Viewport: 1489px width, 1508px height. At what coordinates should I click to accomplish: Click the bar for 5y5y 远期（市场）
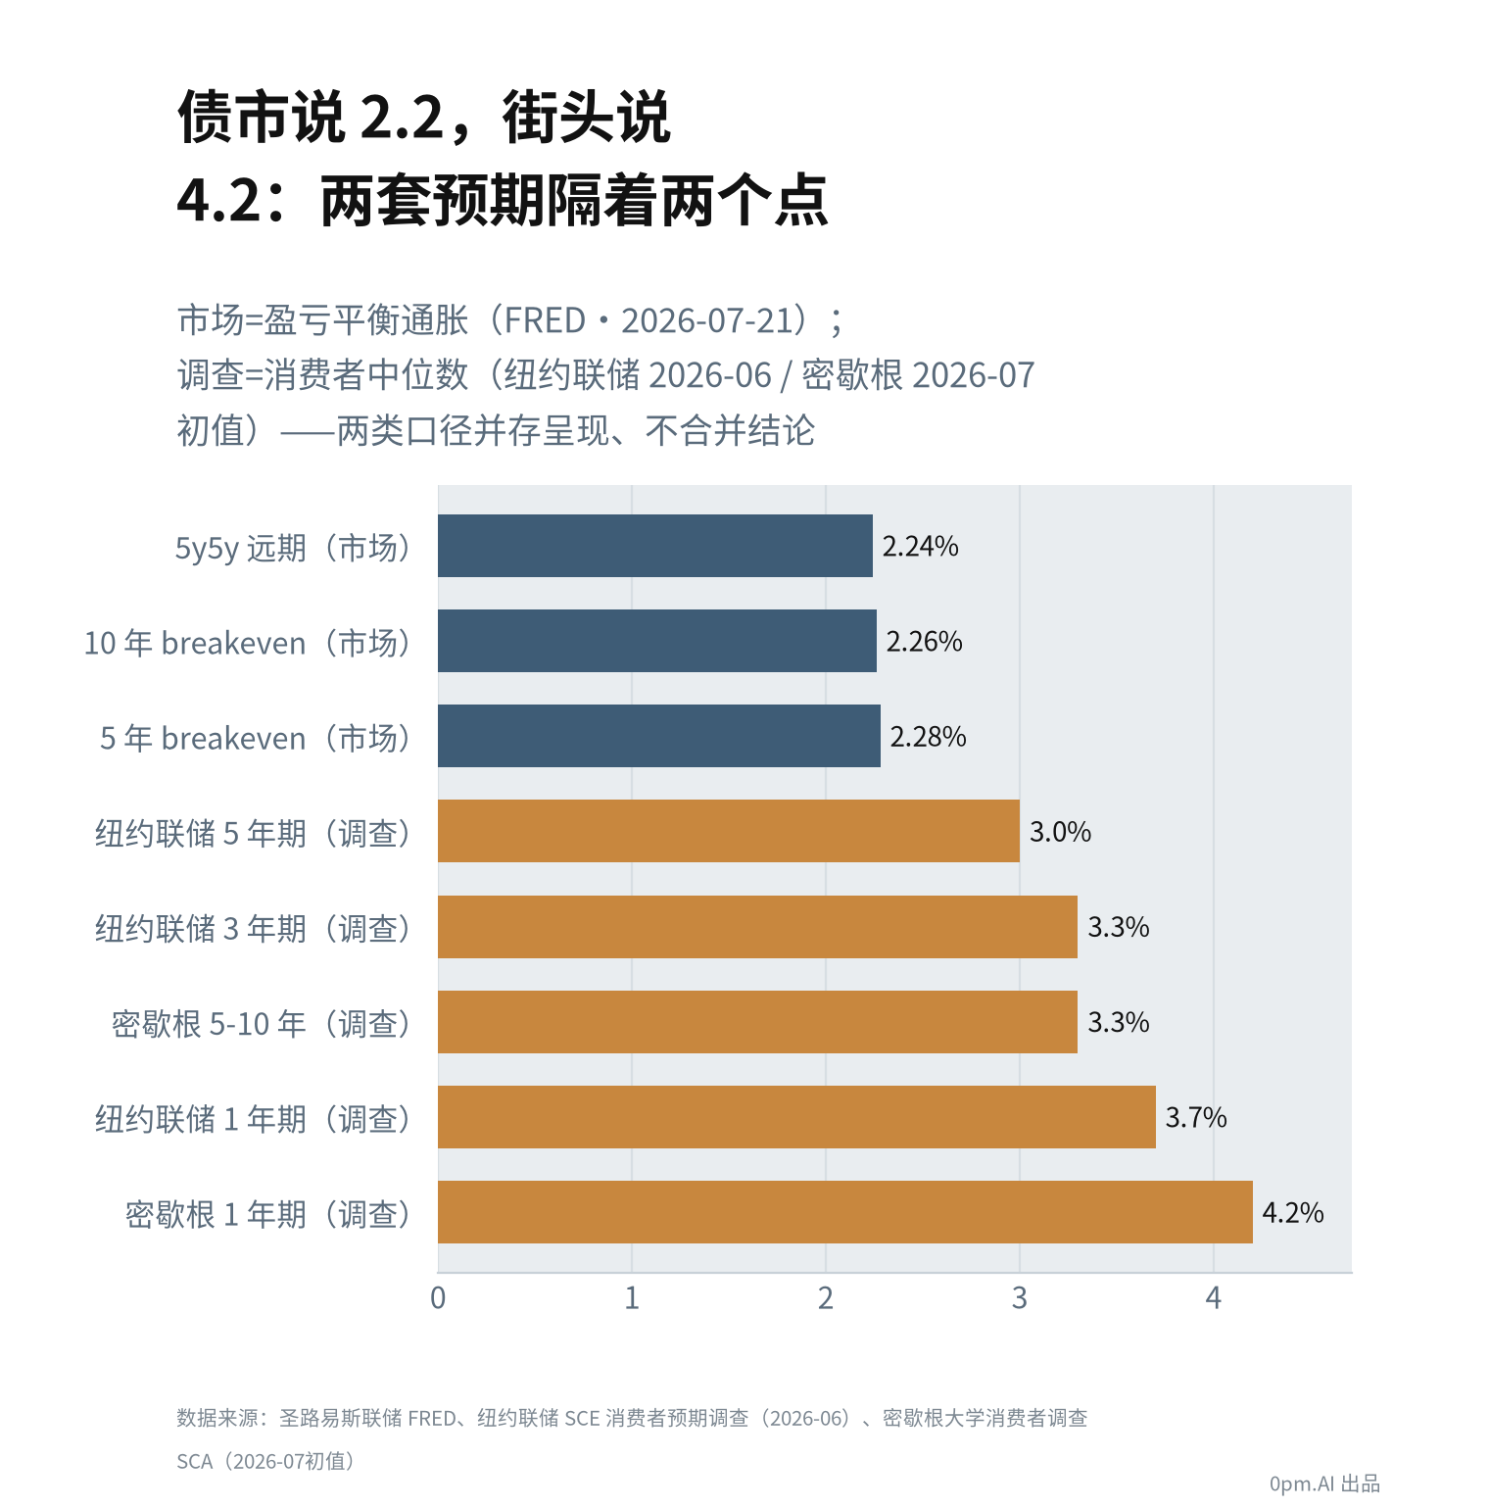tap(654, 546)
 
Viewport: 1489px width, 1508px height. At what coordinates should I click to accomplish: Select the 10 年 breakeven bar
tap(656, 641)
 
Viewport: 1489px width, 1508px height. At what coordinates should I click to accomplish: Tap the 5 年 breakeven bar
tap(658, 736)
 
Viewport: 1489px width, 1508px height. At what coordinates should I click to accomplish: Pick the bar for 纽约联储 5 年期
tap(728, 831)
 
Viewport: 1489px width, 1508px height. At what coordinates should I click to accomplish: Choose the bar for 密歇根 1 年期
tap(844, 1212)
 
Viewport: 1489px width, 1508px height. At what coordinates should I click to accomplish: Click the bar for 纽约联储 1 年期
tap(796, 1117)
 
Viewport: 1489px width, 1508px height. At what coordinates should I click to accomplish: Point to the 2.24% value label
tap(921, 547)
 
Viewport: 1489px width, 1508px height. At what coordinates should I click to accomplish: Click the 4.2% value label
tap(1293, 1213)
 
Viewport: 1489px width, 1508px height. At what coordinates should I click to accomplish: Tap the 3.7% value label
tap(1196, 1118)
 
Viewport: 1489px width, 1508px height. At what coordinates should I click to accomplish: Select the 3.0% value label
tap(1060, 832)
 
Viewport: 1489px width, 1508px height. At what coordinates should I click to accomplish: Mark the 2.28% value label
tap(929, 737)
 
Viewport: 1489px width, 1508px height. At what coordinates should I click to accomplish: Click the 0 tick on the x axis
tap(438, 1298)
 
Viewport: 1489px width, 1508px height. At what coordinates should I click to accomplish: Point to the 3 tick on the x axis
tap(1020, 1298)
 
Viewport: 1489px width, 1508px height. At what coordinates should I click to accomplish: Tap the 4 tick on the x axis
tap(1214, 1298)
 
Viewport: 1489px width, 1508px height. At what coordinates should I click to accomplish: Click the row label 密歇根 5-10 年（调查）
tap(263, 1024)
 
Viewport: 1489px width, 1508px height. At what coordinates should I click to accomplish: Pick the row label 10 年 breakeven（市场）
tap(249, 643)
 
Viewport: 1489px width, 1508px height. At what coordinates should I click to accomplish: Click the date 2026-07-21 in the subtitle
tap(706, 321)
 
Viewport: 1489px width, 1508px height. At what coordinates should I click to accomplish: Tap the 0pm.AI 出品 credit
tap(1324, 1484)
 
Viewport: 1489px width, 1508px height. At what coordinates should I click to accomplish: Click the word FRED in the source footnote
tap(432, 1418)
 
